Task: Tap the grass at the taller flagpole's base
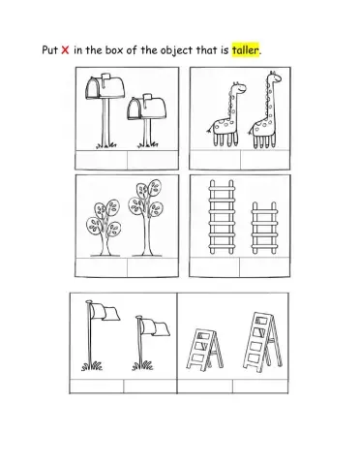pyautogui.click(x=92, y=366)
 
